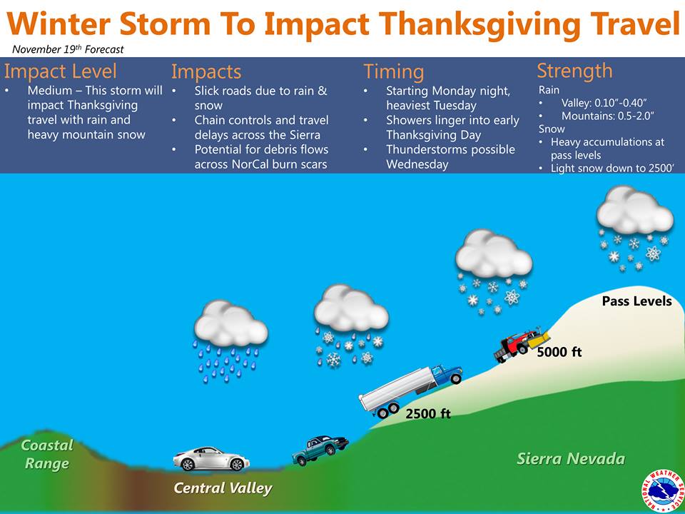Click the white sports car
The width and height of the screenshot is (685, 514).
pyautogui.click(x=211, y=458)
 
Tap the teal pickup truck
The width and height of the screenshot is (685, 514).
pyautogui.click(x=320, y=450)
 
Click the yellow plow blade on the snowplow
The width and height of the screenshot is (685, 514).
pyautogui.click(x=539, y=338)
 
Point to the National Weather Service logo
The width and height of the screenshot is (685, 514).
pyautogui.click(x=663, y=491)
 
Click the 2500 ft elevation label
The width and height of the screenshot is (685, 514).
pyautogui.click(x=427, y=413)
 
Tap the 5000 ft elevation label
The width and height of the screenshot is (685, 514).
pyautogui.click(x=559, y=352)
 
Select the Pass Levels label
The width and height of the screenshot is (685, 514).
pyautogui.click(x=636, y=301)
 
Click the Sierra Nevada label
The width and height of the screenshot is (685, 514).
pyautogui.click(x=571, y=458)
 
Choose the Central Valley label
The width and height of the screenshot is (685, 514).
pyautogui.click(x=223, y=488)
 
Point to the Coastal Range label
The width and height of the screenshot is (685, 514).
pyautogui.click(x=47, y=455)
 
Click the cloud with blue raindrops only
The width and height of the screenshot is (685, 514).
pyautogui.click(x=230, y=324)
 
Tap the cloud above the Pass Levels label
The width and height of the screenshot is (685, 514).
pyautogui.click(x=635, y=210)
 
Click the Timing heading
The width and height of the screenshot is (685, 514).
pyautogui.click(x=394, y=71)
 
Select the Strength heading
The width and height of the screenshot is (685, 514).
pyautogui.click(x=574, y=71)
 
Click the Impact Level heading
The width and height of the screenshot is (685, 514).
pyautogui.click(x=60, y=71)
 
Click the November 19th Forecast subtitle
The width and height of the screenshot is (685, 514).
pyautogui.click(x=68, y=49)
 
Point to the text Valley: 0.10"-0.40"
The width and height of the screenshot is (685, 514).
pyautogui.click(x=604, y=103)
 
